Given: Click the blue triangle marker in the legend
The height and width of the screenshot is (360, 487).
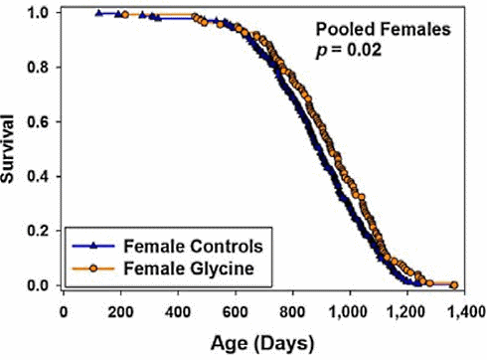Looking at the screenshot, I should point(90,245).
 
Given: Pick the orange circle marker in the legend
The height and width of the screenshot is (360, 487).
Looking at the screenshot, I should point(90,267).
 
